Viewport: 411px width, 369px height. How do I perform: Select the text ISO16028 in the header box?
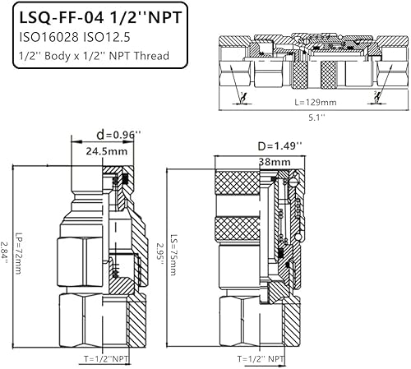click(48, 37)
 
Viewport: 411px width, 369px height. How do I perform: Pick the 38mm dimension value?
click(269, 162)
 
